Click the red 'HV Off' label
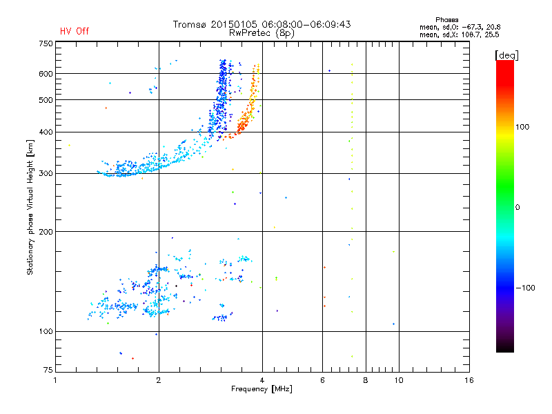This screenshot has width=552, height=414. [75, 31]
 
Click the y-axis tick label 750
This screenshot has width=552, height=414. [45, 43]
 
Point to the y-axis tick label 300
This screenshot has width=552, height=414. [45, 173]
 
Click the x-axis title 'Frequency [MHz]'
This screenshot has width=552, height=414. [262, 389]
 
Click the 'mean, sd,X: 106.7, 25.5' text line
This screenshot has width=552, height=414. [460, 34]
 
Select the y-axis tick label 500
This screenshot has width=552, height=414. [45, 100]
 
